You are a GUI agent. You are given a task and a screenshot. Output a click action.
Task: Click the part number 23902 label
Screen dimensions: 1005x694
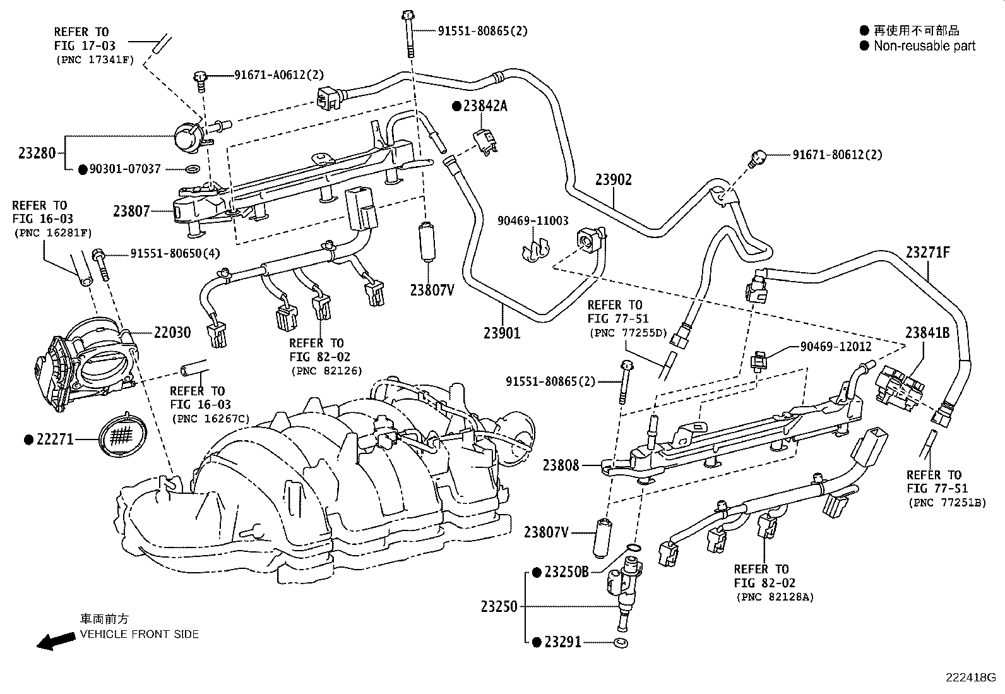(614, 179)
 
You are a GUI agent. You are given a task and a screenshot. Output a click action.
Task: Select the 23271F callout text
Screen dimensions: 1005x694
(927, 253)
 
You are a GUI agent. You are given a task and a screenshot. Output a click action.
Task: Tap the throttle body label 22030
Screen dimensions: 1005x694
(172, 333)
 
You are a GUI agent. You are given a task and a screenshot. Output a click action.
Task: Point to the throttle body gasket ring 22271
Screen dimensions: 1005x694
(122, 436)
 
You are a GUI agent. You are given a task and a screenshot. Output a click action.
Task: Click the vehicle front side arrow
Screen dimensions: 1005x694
(56, 640)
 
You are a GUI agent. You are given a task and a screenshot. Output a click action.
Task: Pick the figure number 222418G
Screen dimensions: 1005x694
(971, 678)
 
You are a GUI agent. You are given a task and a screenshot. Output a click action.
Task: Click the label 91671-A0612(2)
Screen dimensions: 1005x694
(279, 75)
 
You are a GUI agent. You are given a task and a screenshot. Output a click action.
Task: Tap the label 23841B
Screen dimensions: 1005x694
(927, 333)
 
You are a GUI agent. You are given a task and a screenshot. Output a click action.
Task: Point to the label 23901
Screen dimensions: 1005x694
(502, 333)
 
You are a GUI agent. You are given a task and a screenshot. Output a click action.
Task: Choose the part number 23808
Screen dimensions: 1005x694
(561, 465)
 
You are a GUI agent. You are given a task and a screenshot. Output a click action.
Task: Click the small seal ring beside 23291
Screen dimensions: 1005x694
(621, 643)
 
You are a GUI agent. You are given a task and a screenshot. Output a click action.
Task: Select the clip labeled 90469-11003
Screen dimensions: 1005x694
(536, 251)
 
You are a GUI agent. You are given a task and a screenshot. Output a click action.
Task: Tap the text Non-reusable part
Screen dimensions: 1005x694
(925, 46)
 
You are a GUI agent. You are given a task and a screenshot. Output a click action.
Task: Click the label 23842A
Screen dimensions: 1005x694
(485, 106)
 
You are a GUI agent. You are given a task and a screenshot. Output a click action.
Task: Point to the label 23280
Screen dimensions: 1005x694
(37, 153)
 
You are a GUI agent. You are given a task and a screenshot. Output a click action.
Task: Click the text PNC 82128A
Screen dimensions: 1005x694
(775, 597)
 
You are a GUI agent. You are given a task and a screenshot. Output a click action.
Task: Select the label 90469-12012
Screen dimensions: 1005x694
(836, 347)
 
